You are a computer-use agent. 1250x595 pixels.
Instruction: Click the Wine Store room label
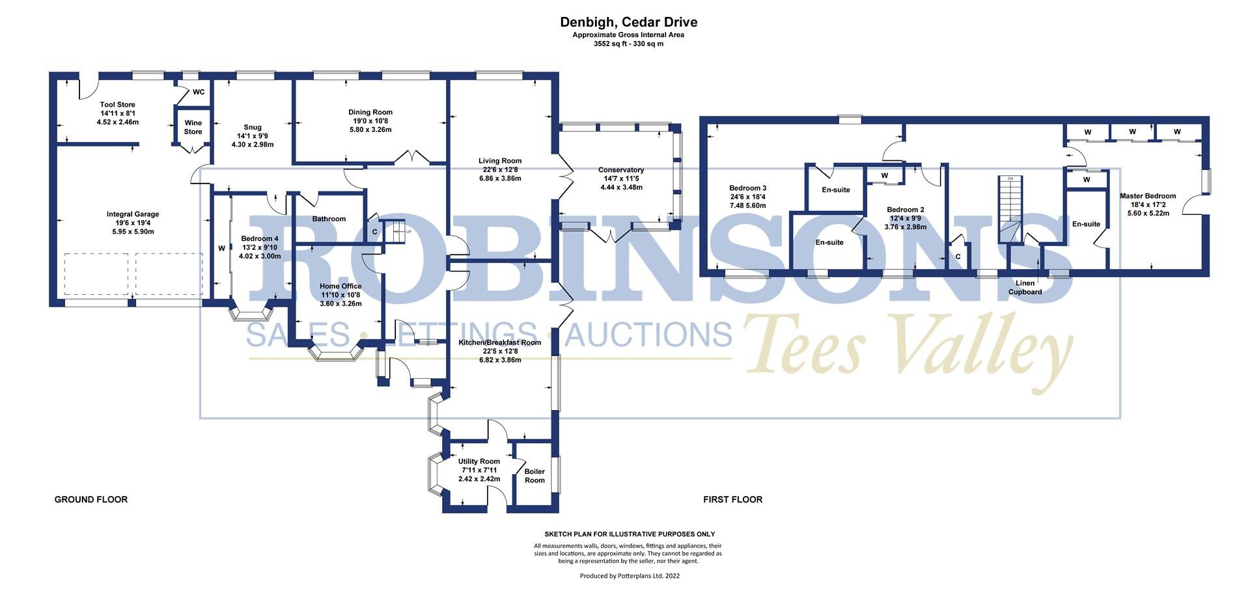pyautogui.click(x=193, y=127)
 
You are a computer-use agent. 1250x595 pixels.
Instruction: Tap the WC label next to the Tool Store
pyautogui.click(x=199, y=92)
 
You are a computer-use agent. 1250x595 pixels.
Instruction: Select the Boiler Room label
pyautogui.click(x=535, y=476)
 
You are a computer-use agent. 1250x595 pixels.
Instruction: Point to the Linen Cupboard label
pyautogui.click(x=1025, y=288)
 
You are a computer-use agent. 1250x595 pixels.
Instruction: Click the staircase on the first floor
pyautogui.click(x=1010, y=208)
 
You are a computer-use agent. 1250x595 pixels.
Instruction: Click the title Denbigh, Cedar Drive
pyautogui.click(x=628, y=22)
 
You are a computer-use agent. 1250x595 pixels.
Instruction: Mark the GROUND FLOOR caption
pyautogui.click(x=90, y=499)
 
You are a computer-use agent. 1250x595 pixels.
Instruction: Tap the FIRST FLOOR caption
pyautogui.click(x=732, y=499)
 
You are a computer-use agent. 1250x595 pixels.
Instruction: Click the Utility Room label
pyautogui.click(x=479, y=462)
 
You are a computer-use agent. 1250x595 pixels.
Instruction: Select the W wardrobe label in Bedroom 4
pyautogui.click(x=221, y=248)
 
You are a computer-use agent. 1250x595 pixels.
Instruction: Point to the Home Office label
pyautogui.click(x=340, y=286)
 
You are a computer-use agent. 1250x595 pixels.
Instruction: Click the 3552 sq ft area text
pyautogui.click(x=628, y=44)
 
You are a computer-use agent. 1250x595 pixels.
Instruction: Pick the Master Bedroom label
pyautogui.click(x=1147, y=196)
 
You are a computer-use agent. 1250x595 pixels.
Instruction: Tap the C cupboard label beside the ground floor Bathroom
pyautogui.click(x=374, y=231)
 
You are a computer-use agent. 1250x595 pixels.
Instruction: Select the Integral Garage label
pyautogui.click(x=133, y=214)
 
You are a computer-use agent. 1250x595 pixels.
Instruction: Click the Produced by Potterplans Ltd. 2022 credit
pyautogui.click(x=629, y=575)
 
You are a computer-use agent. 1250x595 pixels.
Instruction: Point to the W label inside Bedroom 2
pyautogui.click(x=884, y=176)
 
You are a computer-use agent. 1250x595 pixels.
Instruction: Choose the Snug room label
pyautogui.click(x=253, y=128)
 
